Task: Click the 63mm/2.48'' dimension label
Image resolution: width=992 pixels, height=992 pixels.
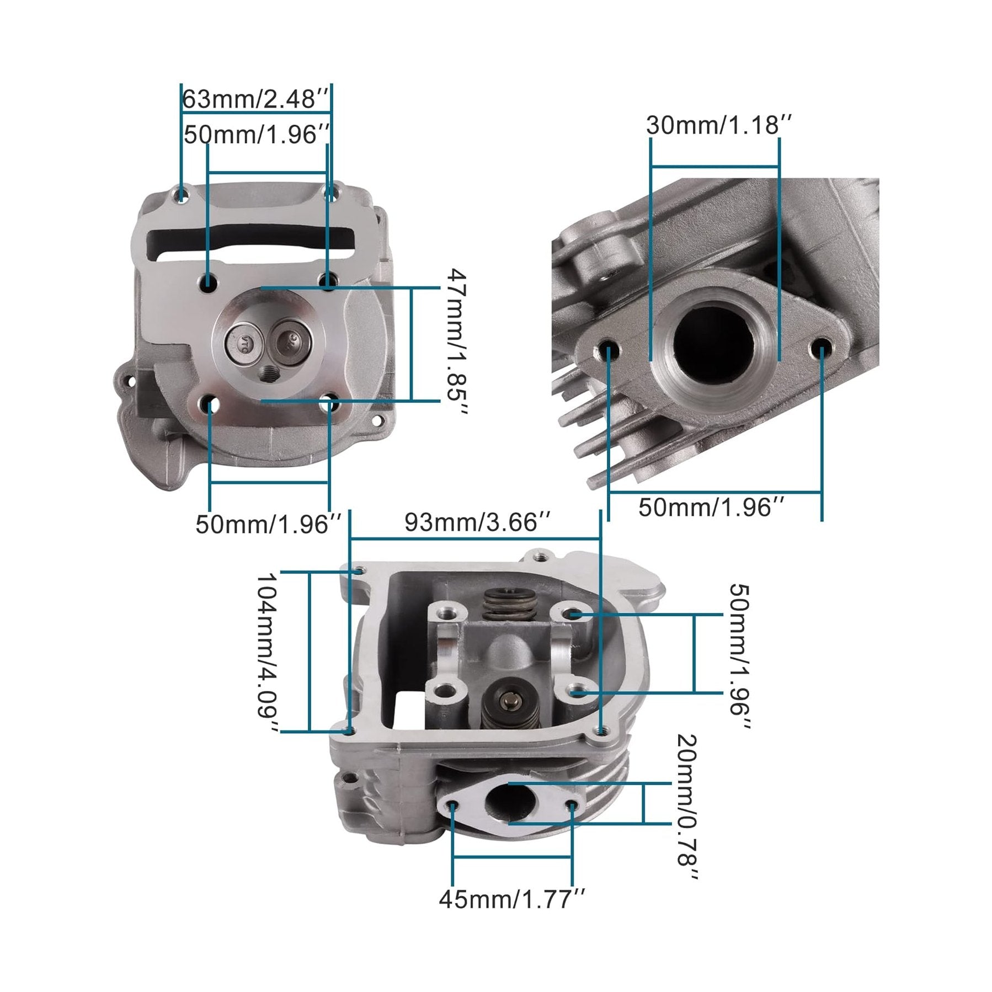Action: (x=256, y=99)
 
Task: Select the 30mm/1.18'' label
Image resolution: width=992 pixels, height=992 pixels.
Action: (x=719, y=126)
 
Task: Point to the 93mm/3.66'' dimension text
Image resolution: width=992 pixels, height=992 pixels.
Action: (x=477, y=522)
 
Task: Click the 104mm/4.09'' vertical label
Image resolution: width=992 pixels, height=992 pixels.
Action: (x=269, y=653)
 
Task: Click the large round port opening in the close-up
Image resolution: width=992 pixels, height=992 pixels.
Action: (x=714, y=339)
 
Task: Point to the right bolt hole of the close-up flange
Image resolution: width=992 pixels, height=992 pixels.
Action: (x=822, y=348)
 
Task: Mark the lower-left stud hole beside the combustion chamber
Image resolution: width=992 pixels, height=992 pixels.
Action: (x=210, y=405)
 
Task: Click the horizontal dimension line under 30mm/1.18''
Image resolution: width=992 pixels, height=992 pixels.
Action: (x=714, y=166)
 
